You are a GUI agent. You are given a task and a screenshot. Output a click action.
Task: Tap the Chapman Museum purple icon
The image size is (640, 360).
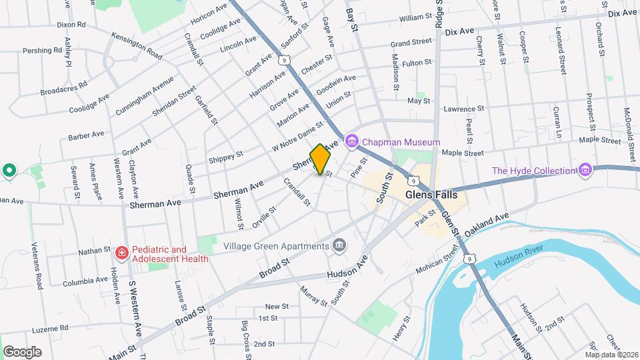click(x=351, y=141)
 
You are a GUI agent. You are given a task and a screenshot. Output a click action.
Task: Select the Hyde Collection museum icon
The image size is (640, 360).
click(x=585, y=170)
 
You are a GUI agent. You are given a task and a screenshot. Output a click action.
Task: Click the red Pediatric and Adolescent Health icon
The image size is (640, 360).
click(x=121, y=253)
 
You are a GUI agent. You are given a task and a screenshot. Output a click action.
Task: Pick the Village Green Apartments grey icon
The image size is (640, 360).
click(x=340, y=245)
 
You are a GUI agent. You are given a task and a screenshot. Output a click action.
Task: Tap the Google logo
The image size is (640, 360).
click(x=22, y=351)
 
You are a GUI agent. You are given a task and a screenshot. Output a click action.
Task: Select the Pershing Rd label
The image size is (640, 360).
click(x=37, y=51)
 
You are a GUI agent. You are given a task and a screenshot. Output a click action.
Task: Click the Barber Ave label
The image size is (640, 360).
click(x=86, y=135)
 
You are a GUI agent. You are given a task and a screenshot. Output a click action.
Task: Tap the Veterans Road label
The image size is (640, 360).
click(x=38, y=267)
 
